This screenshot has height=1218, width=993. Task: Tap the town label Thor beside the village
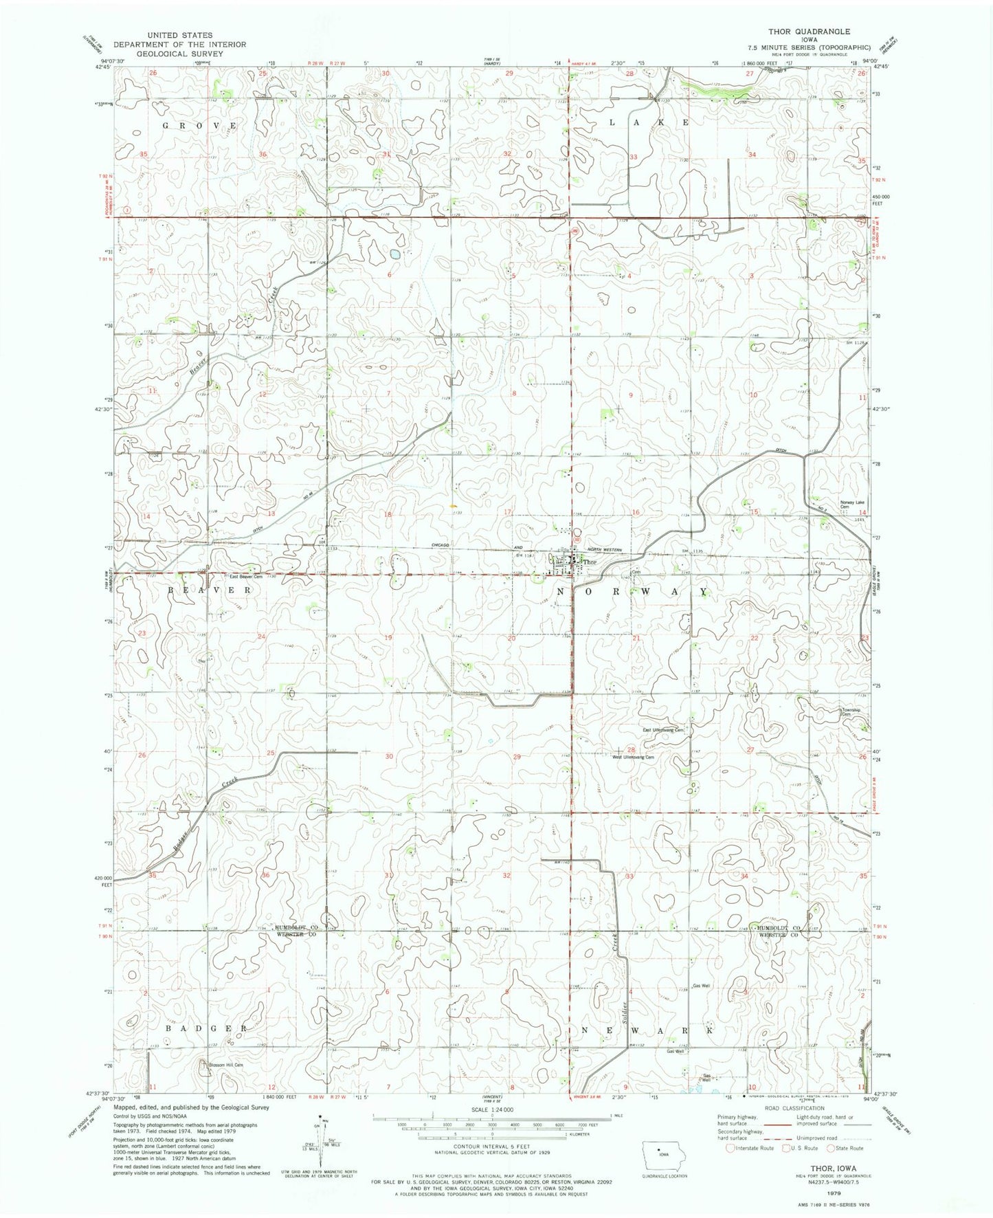click(x=590, y=562)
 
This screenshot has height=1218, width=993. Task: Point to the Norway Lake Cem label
click(x=851, y=505)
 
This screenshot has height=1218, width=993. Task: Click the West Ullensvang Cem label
click(x=633, y=757)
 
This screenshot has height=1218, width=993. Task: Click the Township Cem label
click(x=851, y=712)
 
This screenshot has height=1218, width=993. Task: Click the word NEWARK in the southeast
click(x=647, y=1030)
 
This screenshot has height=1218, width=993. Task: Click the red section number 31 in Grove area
click(x=387, y=154)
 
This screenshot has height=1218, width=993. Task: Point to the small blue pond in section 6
click(x=395, y=254)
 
